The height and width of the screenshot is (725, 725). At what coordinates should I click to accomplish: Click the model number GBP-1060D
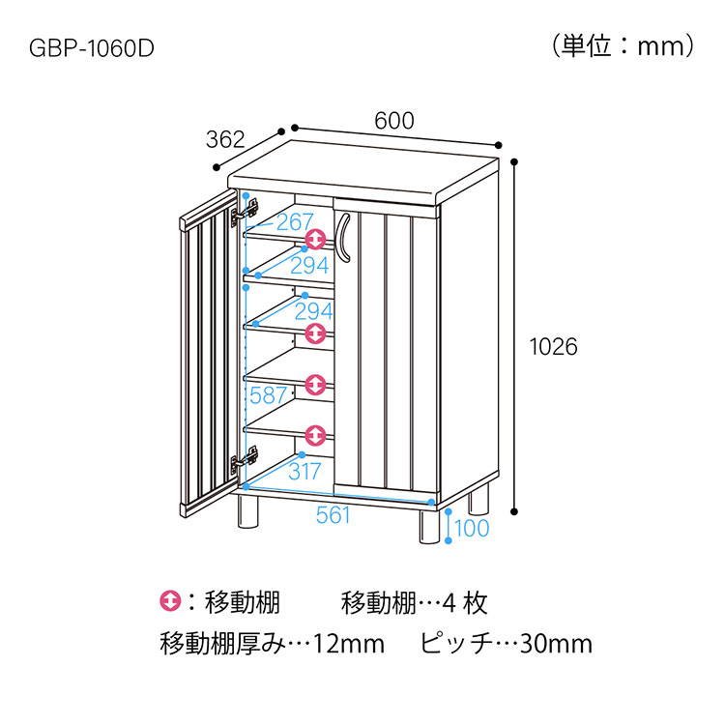92,48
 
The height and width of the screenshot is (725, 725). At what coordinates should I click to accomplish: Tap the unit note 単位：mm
623,46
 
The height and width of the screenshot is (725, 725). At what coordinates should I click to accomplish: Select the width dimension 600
394,121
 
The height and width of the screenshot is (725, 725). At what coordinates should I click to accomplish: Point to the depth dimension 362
225,139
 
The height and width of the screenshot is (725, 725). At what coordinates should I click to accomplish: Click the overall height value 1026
554,347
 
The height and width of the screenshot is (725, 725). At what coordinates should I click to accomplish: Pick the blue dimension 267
295,222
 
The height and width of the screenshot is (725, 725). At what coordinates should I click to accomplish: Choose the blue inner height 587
268,395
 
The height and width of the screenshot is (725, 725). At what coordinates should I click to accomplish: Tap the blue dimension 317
304,472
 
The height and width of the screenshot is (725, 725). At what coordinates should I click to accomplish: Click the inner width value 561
333,515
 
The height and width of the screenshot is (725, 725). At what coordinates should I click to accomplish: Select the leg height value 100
472,528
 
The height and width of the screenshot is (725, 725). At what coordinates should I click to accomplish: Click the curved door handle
342,238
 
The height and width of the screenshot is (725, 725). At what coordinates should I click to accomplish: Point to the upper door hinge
245,213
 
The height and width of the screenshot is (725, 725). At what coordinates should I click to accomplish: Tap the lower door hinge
245,459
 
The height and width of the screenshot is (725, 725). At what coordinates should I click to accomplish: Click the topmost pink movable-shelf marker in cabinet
315,239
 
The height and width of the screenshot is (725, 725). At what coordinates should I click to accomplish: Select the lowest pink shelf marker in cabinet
315,436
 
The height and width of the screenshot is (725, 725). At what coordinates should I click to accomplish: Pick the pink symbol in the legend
170,601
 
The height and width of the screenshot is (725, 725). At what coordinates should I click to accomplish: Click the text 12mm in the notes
349,644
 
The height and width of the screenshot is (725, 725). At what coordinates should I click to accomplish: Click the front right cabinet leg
429,526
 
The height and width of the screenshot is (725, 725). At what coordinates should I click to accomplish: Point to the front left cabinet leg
247,511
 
